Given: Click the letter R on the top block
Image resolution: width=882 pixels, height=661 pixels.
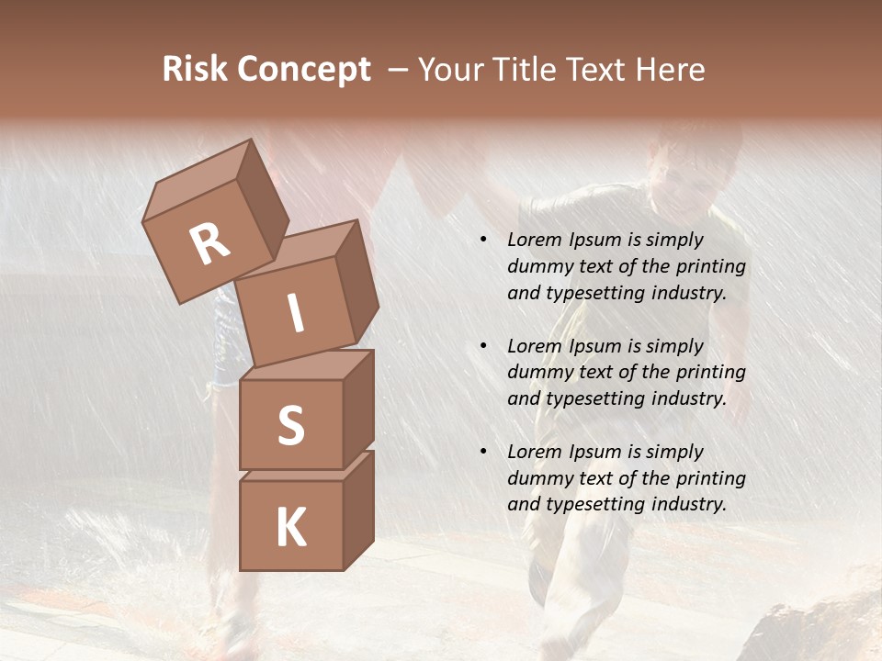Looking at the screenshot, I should tap(209, 244).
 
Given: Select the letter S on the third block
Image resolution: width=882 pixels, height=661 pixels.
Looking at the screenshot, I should tap(290, 425).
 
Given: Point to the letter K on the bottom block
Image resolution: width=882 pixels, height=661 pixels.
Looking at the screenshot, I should tap(290, 528).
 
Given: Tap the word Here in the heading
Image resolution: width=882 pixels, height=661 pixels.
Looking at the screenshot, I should tap(673, 70).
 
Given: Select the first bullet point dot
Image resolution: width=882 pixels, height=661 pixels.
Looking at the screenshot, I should tap(483, 240).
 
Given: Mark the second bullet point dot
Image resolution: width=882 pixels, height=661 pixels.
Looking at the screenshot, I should tap(483, 346).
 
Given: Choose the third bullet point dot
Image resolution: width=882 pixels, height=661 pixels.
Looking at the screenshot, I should tap(483, 452).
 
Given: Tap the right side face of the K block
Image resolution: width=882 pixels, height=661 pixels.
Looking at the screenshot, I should tap(358, 510).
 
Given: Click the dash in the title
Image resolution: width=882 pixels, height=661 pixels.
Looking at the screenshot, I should tap(400, 70).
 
